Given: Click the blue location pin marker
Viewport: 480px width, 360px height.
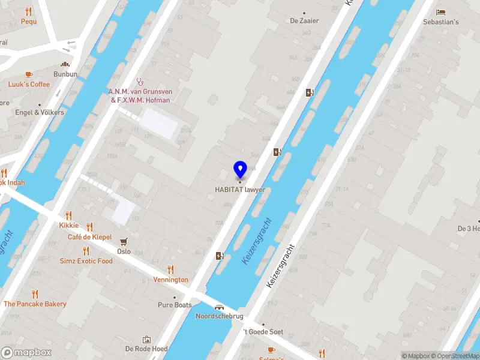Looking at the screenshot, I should tap(240, 169).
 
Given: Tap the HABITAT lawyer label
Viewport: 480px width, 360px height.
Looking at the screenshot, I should tap(240, 190).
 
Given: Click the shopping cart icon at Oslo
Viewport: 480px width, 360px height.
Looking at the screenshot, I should tap(124, 242).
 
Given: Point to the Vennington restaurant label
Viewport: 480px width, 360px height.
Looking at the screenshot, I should tap(170, 280).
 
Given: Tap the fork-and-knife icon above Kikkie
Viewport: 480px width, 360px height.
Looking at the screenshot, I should tap(69, 215).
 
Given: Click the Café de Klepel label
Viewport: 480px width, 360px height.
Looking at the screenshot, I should tap(89, 237).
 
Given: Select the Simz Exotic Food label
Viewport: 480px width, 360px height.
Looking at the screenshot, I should tap(86, 261).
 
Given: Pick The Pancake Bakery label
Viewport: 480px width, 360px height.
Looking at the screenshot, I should tap(35, 304).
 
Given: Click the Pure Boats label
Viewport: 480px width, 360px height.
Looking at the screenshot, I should tap(175, 305).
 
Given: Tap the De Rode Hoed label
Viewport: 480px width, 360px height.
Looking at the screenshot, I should tap(146, 349).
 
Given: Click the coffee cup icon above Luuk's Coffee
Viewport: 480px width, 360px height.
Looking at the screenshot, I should tap(29, 75).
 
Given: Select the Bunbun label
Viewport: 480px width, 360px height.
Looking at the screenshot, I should tap(65, 74).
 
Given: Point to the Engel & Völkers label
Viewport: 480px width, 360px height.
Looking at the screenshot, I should tap(40, 112).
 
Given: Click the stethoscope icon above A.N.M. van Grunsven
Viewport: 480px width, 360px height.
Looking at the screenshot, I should tap(140, 82).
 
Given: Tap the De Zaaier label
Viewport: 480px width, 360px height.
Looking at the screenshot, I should tap(304, 20).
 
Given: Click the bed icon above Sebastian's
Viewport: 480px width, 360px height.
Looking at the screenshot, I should tap(441, 13).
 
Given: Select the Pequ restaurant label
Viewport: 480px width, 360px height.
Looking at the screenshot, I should tap(29, 22).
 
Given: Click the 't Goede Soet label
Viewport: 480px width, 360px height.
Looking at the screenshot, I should tap(263, 332).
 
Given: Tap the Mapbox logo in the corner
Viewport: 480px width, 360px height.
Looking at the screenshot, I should tap(26, 353).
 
